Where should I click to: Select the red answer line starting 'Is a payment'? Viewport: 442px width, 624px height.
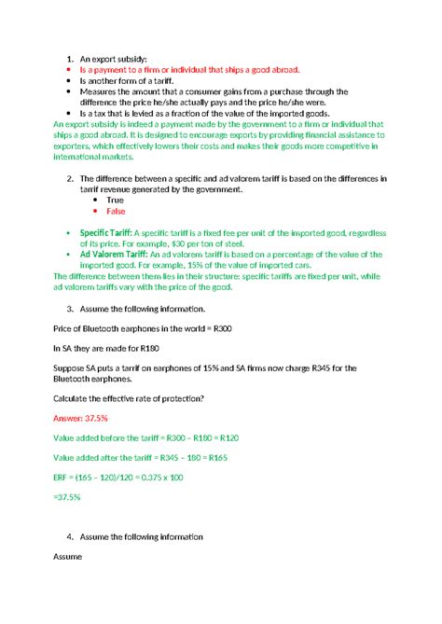click(194, 70)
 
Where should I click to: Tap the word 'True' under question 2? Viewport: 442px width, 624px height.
click(115, 200)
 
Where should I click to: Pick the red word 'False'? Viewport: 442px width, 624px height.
click(116, 211)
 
